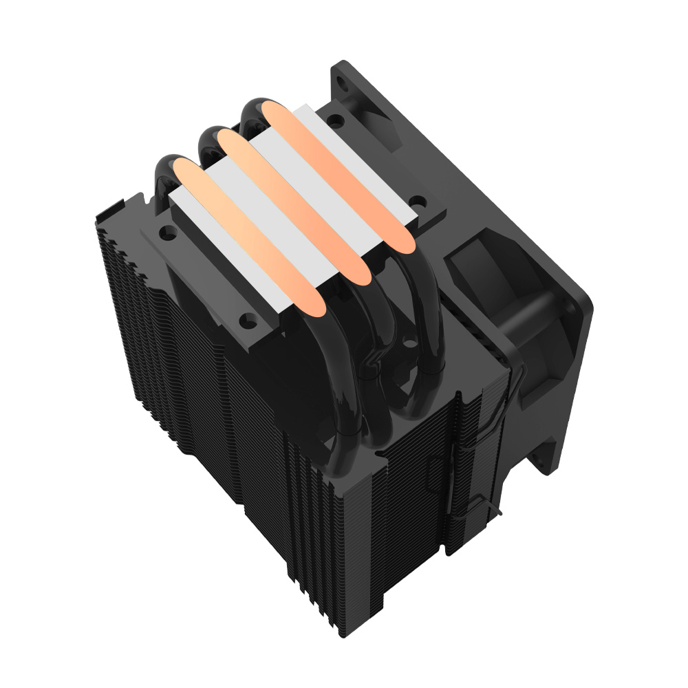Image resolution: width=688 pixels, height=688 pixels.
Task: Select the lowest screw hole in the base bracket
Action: tap(246, 319)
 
